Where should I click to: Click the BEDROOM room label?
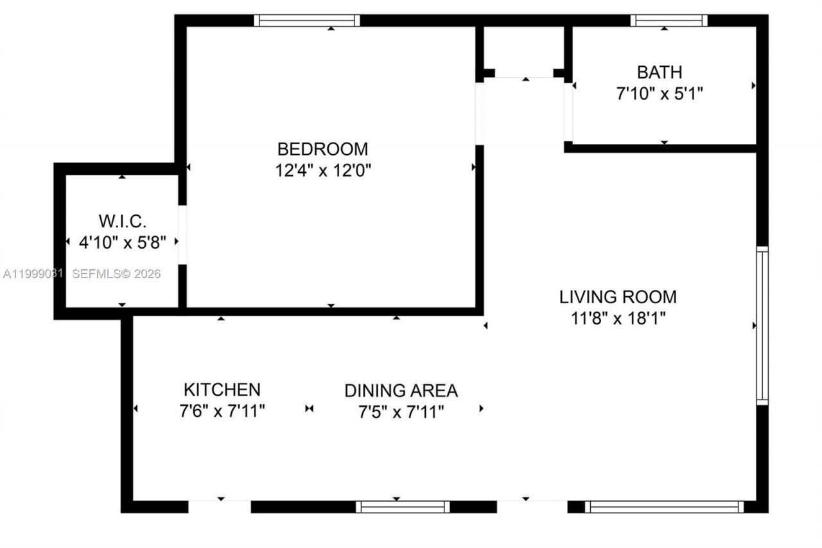[x=322, y=149]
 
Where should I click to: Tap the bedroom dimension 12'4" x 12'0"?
[x=322, y=171]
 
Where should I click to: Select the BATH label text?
[x=660, y=72]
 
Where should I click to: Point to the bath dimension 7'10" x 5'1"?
[x=660, y=94]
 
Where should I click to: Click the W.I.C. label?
[x=123, y=222]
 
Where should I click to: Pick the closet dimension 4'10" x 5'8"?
[x=123, y=243]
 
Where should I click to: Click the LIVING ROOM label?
[x=618, y=297]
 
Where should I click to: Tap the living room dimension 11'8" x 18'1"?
[x=618, y=319]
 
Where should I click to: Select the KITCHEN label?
[x=222, y=389]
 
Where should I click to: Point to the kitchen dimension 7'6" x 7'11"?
[x=222, y=411]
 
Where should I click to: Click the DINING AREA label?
[x=401, y=390]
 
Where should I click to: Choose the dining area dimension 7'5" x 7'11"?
[x=401, y=411]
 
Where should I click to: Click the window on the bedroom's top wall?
[x=307, y=21]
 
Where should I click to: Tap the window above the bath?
[x=669, y=21]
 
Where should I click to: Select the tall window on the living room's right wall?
[x=762, y=325]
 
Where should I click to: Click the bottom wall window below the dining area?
[x=403, y=507]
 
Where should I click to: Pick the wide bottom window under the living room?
[x=664, y=507]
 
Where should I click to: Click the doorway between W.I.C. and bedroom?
[x=182, y=234]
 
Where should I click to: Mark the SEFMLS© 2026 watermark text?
[x=116, y=274]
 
